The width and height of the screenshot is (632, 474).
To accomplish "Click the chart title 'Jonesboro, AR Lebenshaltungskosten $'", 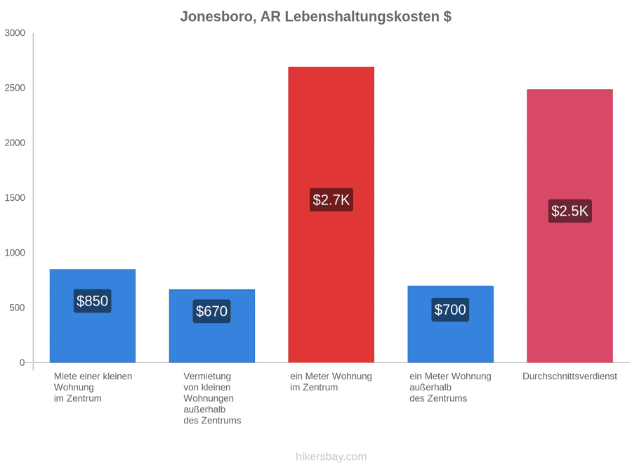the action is pos(315,17).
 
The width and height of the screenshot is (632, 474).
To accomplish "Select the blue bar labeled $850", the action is pos(93,315).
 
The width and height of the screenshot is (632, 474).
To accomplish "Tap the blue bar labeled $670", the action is pos(212,326).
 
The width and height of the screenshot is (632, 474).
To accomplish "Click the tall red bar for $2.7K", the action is pos(331,214).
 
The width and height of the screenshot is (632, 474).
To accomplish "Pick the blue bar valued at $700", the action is pos(451,324).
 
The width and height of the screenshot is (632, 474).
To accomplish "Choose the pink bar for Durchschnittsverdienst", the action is pos(570,225).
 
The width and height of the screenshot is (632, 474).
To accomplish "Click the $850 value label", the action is pos(92,301).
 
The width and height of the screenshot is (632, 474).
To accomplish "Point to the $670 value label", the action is pos(211,311).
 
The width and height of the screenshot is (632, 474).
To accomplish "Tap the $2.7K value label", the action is pos(331,199).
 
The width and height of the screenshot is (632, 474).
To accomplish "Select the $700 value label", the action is pos(450,310).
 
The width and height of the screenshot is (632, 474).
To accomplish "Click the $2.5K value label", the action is pos(570,211).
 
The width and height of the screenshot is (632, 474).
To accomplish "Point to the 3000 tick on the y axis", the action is pos(15,33).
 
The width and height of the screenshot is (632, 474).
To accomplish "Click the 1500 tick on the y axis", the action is pos(15,198).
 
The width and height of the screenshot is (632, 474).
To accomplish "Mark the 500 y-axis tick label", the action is pos(18,308).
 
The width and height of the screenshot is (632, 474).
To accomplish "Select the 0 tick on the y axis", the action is pos(22,363).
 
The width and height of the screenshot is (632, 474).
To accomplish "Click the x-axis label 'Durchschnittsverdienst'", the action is pos(570,376).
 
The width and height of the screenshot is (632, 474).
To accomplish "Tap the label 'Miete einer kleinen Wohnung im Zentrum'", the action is pos(93,388).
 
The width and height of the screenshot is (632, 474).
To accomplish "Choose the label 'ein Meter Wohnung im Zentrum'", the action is pos(331,382).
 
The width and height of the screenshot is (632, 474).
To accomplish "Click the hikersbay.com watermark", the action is pos(331,456).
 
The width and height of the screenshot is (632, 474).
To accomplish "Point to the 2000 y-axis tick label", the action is pos(15,143).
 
